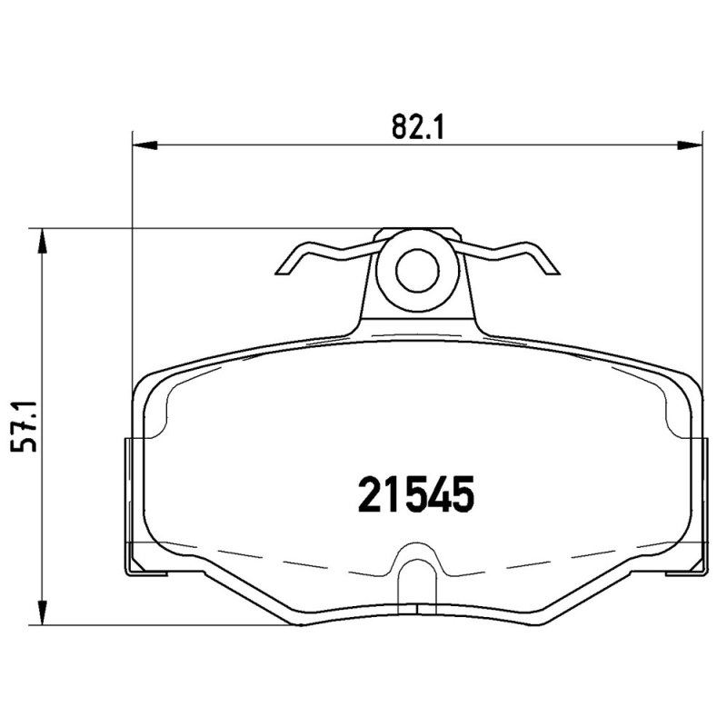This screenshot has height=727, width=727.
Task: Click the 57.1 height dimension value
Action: point(28,425)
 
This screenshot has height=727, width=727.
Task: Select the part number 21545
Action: point(417,495)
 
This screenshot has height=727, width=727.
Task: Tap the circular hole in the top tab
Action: point(418,271)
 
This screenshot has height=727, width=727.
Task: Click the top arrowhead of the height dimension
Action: point(40,239)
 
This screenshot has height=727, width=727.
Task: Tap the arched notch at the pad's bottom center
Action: point(418,568)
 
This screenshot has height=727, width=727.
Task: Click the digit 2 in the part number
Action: point(371,495)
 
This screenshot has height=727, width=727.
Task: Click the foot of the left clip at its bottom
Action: point(146,572)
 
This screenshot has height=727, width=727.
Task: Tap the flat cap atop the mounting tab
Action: point(418,233)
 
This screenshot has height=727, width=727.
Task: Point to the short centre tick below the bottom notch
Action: point(418,611)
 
